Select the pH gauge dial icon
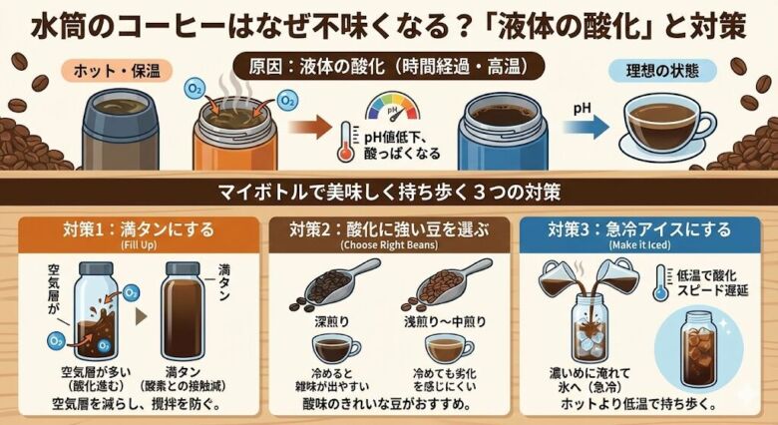pos(396,109)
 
